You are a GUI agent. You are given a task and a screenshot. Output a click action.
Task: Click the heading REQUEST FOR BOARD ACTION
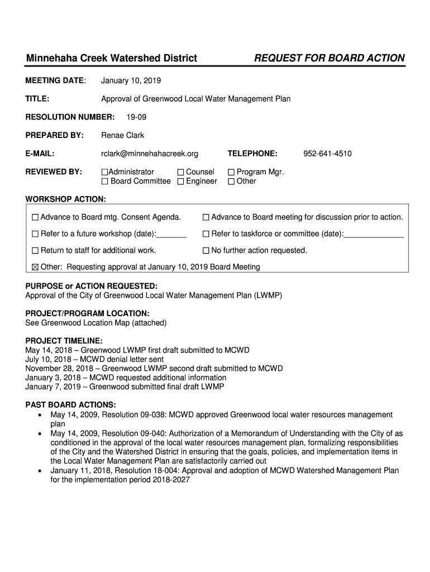329,58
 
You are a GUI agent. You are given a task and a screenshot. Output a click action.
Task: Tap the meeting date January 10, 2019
131,81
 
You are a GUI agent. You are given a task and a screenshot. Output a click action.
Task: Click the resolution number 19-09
136,117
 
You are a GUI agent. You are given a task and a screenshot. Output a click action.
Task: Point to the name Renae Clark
122,135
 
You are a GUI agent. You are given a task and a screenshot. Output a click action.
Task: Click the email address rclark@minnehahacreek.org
149,154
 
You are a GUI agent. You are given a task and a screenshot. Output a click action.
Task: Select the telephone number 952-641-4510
327,154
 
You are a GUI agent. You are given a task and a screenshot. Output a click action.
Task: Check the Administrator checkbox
104,172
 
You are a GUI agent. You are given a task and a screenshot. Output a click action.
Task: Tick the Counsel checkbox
180,172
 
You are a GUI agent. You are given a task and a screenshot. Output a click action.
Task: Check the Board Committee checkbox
104,182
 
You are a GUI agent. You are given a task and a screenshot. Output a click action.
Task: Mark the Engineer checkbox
180,182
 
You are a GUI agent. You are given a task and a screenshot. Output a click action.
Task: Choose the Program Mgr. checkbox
231,172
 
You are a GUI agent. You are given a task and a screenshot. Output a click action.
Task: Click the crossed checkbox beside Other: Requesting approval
36,267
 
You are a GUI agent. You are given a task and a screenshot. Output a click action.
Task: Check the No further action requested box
206,251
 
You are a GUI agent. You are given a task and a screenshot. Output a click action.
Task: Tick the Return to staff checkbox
36,251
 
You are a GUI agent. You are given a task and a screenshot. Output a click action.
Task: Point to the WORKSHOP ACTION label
66,199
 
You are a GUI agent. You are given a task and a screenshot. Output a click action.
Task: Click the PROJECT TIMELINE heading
64,341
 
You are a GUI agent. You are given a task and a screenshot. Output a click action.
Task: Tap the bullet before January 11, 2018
39,471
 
